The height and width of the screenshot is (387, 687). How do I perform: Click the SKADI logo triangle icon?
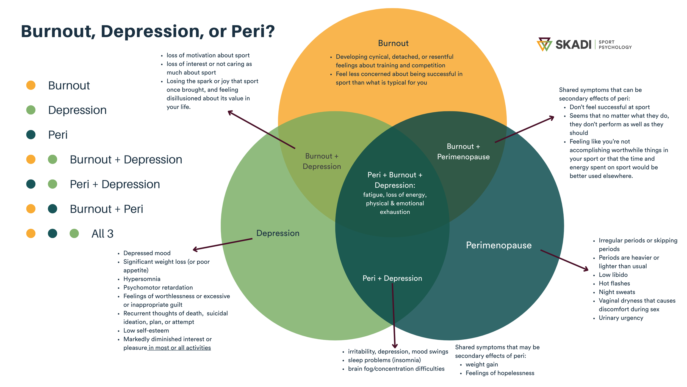tap(544, 44)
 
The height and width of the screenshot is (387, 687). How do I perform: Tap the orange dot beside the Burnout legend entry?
tap(31, 85)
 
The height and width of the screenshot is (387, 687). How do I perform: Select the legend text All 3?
tap(102, 234)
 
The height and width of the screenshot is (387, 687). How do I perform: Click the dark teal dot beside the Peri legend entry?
tap(31, 135)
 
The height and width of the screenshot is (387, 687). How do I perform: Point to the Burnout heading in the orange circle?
tap(393, 43)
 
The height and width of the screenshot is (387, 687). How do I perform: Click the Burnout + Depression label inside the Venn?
tap(322, 161)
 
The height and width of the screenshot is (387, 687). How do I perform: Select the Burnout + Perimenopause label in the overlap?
tap(463, 152)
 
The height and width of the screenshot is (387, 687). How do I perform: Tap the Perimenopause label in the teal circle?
tap(498, 245)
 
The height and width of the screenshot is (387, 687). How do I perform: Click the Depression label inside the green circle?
tap(278, 233)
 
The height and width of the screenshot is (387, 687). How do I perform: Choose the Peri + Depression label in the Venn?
tap(392, 278)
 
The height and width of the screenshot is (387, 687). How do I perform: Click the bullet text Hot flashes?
tap(614, 283)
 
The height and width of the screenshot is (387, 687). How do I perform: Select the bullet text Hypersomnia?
tap(142, 279)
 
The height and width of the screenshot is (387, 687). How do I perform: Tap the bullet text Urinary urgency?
tap(621, 318)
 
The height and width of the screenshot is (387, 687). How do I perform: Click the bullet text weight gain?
tap(481, 364)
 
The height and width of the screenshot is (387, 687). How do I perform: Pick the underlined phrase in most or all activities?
tap(179, 348)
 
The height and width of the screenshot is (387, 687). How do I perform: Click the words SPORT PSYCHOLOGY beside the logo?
tap(615, 45)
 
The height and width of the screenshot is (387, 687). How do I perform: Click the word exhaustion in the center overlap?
tap(395, 212)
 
